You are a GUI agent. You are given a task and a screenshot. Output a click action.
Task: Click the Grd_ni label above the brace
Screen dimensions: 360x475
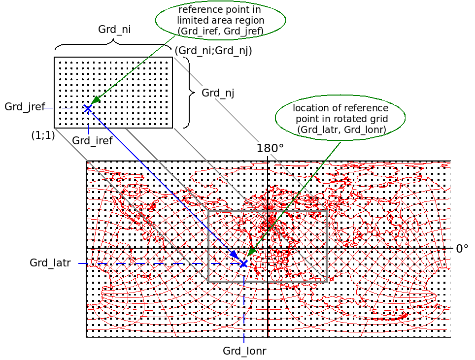point(114,29)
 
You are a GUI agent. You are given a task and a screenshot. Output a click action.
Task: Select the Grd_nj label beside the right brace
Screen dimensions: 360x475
point(218,93)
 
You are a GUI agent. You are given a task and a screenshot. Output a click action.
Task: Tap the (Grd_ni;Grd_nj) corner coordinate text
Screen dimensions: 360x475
point(213,50)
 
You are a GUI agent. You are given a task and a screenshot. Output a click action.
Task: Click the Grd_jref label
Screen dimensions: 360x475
point(25,107)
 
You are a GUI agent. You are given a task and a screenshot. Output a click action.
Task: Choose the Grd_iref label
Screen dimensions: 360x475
point(92,141)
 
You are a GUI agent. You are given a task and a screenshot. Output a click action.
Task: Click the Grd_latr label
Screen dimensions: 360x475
point(50,262)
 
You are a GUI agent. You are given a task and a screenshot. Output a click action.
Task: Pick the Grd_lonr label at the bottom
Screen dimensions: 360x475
point(244,351)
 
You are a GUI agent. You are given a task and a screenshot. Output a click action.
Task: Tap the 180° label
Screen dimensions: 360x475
point(270,148)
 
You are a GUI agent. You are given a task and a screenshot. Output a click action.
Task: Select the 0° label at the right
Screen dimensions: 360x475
point(462,249)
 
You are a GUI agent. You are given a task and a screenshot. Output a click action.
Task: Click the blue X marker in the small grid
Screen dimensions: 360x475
point(88,108)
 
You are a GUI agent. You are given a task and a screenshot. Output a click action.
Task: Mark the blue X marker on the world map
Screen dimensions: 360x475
point(243,264)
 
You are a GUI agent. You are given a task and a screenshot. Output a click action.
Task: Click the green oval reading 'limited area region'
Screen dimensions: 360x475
point(220,21)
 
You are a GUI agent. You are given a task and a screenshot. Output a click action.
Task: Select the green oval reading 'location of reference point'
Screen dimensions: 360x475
point(340,119)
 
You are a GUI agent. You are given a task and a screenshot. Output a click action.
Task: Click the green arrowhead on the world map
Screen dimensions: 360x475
point(251,252)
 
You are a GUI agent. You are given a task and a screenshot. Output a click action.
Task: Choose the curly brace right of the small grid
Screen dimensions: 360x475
point(187,93)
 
